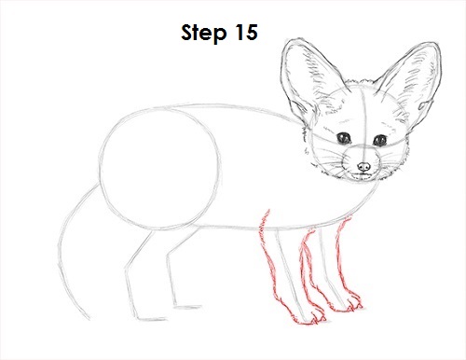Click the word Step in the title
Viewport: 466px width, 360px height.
[203, 33]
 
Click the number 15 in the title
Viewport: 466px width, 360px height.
[246, 33]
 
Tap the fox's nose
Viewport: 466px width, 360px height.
[363, 167]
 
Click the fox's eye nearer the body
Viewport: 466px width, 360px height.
[344, 138]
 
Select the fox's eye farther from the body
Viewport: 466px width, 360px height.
[379, 140]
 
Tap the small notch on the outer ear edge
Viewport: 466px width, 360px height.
[424, 105]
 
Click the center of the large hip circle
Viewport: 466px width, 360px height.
[161, 169]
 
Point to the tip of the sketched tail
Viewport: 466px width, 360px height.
[89, 319]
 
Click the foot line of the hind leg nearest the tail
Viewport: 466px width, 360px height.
[151, 319]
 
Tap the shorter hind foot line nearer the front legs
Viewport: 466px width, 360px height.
[187, 308]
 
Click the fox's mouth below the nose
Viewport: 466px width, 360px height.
[362, 175]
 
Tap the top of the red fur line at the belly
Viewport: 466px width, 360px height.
[267, 210]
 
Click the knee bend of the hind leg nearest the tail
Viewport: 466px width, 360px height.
[126, 268]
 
